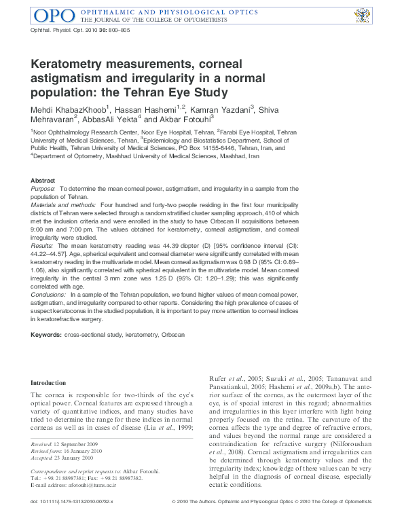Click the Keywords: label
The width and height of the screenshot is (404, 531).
pyautogui.click(x=46, y=335)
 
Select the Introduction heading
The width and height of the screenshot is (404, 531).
pyautogui.click(x=48, y=383)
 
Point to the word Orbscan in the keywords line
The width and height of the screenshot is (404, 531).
pyautogui.click(x=172, y=335)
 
